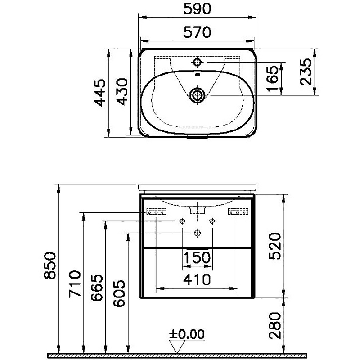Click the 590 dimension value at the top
coord(197,9)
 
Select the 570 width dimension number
coord(197,32)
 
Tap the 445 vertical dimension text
coord(100,93)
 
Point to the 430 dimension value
coord(122,92)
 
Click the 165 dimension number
coord(274,78)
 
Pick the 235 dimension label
coord(306,72)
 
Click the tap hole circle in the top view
coord(197,62)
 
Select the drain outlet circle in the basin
coord(197,95)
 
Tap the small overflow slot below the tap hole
coord(198,74)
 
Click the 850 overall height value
coord(50,265)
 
